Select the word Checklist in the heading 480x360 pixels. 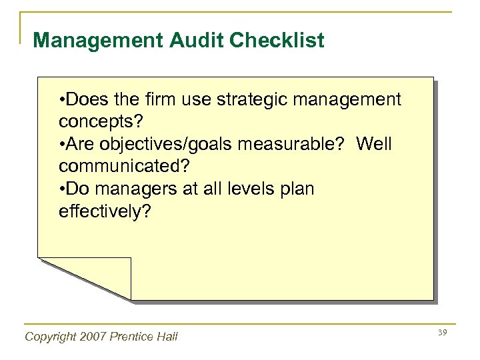click(x=277, y=41)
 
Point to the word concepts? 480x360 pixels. click(x=101, y=123)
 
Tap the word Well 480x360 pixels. click(x=374, y=145)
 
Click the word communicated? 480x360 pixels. click(x=120, y=167)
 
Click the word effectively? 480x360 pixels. click(x=105, y=212)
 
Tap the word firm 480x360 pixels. click(x=158, y=100)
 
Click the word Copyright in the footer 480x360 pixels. click(x=50, y=337)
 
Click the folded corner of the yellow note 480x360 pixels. click(x=100, y=275)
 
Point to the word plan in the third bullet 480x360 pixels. click(x=297, y=189)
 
